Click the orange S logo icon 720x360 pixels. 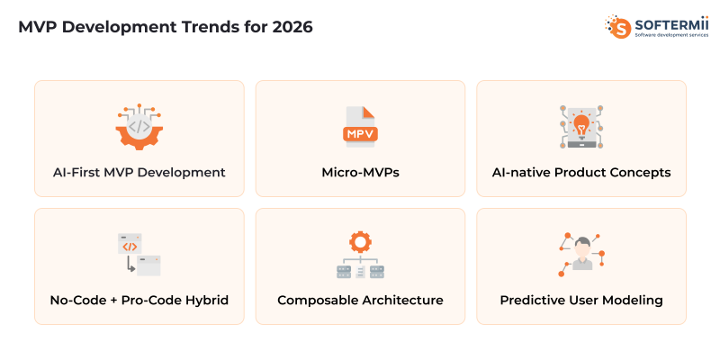tap(619, 26)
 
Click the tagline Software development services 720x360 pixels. tap(670, 34)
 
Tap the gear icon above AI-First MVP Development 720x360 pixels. tap(139, 127)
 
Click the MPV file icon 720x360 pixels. tap(360, 127)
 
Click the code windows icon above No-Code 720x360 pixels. tap(139, 254)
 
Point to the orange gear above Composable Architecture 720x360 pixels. tap(360, 241)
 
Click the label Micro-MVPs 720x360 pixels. tap(360, 172)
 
